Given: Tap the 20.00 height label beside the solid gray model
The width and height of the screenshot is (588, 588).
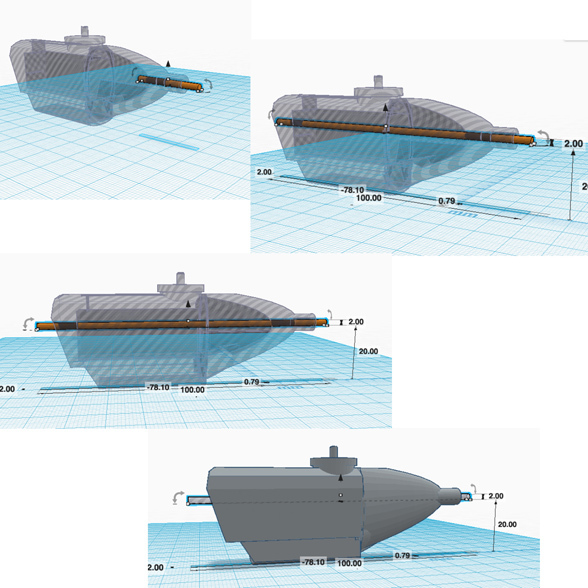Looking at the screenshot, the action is [507, 524].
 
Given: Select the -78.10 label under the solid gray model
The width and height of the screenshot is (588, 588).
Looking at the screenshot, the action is [314, 562].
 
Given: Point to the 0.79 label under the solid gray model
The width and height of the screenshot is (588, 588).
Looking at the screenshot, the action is [402, 555].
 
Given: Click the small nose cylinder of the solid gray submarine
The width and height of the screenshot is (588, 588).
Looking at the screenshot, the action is [450, 497].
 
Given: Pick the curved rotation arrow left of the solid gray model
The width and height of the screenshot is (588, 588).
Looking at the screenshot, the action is [178, 498].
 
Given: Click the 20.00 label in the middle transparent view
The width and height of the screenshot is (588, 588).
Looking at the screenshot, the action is [368, 351].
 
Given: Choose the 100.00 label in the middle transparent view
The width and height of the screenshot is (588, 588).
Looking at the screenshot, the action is [192, 390].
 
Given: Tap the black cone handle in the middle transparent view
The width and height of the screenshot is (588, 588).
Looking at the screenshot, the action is [188, 304].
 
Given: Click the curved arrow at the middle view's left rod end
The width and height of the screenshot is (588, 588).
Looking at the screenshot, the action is [28, 324].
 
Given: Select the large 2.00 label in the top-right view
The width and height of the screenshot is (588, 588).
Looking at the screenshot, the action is [573, 144].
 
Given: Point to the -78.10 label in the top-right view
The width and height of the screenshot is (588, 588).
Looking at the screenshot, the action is [352, 190].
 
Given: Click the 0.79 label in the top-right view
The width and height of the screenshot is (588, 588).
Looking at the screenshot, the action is [447, 201].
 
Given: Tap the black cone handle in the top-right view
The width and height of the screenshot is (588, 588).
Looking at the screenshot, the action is [385, 108].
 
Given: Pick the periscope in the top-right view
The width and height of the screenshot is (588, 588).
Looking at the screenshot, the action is [378, 82].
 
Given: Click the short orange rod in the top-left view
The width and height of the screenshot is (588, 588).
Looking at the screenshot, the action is [170, 83].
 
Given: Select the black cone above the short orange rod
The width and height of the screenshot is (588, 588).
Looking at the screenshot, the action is [168, 63].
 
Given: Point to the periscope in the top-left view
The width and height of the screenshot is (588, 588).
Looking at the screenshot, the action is [85, 31].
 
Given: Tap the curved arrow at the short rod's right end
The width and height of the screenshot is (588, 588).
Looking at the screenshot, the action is [208, 84].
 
